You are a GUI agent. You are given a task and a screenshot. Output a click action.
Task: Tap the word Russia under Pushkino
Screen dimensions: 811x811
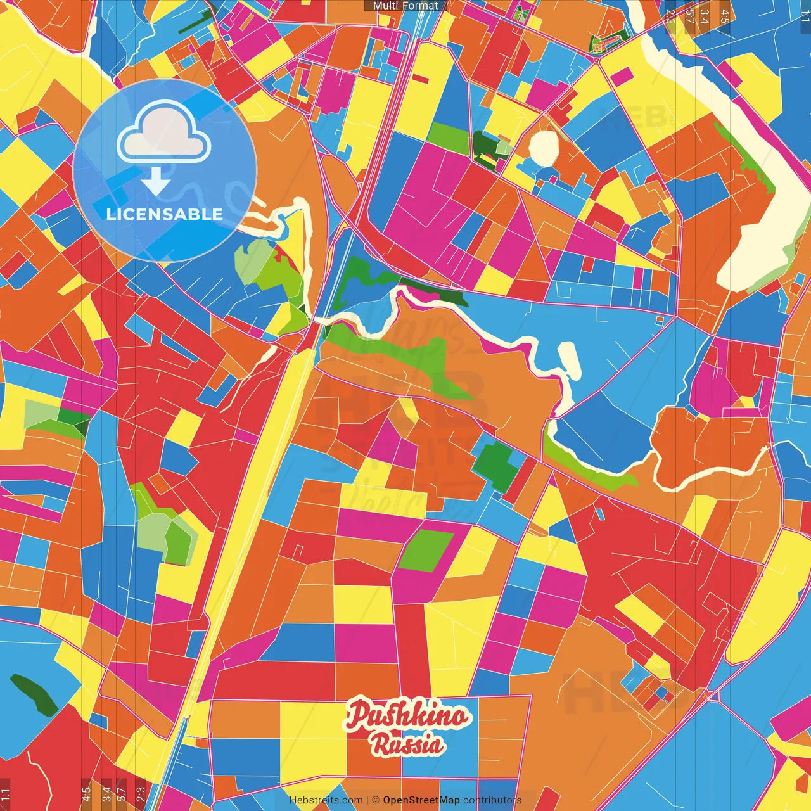point(407,744)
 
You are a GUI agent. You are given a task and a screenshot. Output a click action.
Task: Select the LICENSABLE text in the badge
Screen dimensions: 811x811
point(165,214)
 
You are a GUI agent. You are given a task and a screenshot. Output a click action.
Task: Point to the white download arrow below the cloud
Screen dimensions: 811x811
point(156,181)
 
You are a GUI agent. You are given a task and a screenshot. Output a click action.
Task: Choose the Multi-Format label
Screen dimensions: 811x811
point(405,6)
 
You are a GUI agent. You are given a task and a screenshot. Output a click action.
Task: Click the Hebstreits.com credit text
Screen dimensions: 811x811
point(326,800)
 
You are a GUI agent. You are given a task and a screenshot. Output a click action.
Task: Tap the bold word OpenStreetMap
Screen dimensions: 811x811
point(421,800)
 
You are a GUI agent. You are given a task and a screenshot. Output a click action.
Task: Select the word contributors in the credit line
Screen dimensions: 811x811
point(492,800)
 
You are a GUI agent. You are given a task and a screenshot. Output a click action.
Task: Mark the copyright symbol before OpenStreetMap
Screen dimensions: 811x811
point(375,800)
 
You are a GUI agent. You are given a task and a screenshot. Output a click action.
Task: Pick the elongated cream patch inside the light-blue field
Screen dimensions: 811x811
point(568,361)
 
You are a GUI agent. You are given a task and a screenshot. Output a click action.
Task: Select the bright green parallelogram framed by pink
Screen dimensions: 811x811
point(426,551)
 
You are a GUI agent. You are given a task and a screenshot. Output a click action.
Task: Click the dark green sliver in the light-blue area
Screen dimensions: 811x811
point(33,694)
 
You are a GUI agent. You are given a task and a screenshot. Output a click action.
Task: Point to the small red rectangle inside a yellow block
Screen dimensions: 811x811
point(421,79)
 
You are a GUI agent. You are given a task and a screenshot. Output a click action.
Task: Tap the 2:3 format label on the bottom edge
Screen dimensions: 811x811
point(140,793)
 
